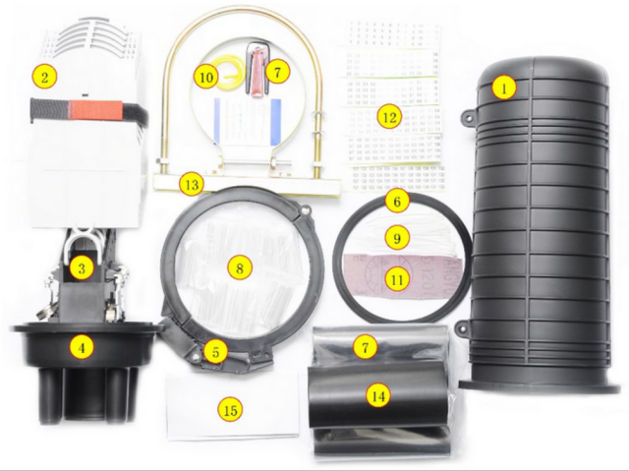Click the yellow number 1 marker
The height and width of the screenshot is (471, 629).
tap(504, 88)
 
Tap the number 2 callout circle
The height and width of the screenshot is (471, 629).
tap(45, 75)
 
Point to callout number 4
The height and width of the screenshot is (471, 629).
tap(84, 346)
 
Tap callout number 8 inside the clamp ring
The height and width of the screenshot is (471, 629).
tap(237, 266)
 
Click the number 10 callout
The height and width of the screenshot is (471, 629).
tap(205, 76)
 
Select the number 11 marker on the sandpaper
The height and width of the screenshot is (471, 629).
tap(396, 278)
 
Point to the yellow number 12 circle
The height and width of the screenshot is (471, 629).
tap(388, 118)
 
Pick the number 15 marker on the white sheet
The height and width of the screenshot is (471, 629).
tap(232, 407)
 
